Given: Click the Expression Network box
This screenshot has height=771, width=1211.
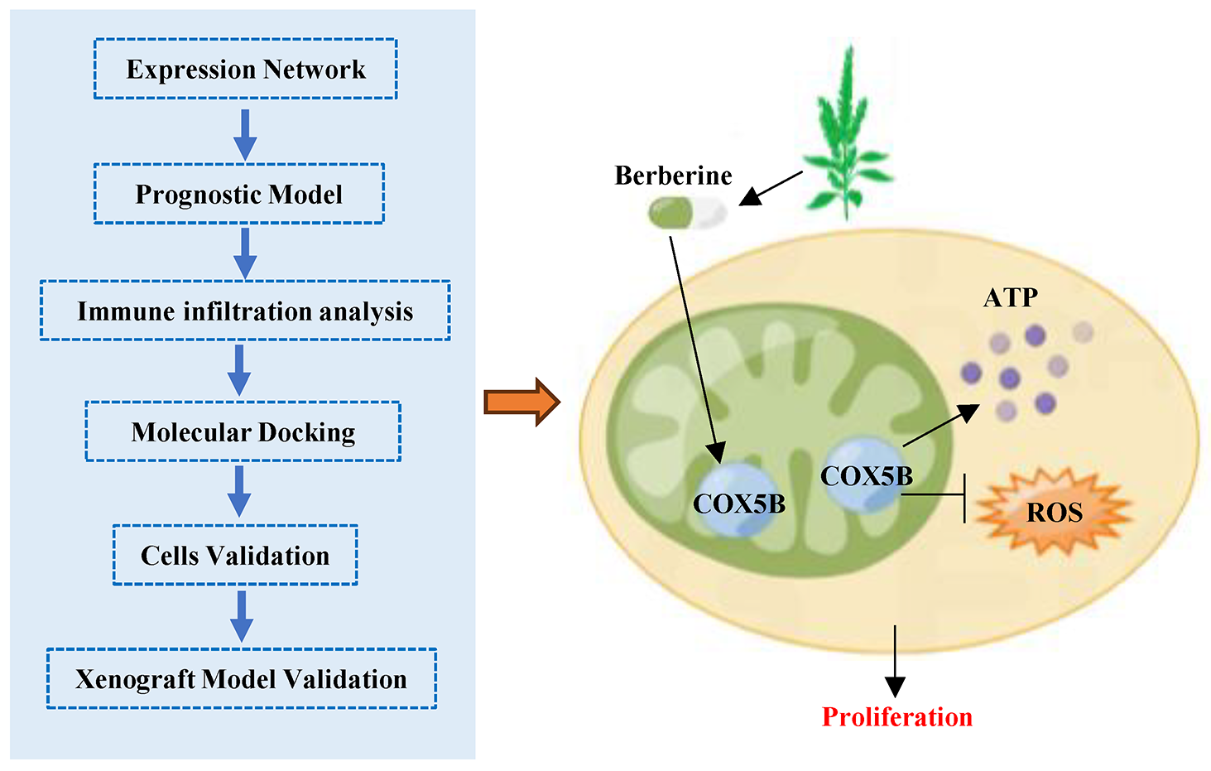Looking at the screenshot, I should click(245, 70).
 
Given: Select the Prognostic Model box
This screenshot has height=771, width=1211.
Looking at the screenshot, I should click(238, 194).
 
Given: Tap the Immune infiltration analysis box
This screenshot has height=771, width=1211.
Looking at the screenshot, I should click(245, 311).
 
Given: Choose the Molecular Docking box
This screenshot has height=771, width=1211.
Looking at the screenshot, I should click(243, 431).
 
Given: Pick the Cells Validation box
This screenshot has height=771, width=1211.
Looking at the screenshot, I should click(235, 555).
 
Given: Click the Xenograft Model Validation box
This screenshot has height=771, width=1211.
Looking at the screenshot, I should click(241, 678).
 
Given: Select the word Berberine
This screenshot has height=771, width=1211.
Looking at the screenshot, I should click(673, 176).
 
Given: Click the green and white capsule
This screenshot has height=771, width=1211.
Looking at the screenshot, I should click(686, 213).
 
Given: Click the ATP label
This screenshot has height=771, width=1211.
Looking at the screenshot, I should click(1010, 297).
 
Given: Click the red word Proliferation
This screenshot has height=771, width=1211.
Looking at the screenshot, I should click(896, 716).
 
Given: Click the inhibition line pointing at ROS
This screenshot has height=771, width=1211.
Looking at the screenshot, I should click(935, 496).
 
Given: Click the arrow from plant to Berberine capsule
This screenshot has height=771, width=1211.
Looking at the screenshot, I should click(770, 188).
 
